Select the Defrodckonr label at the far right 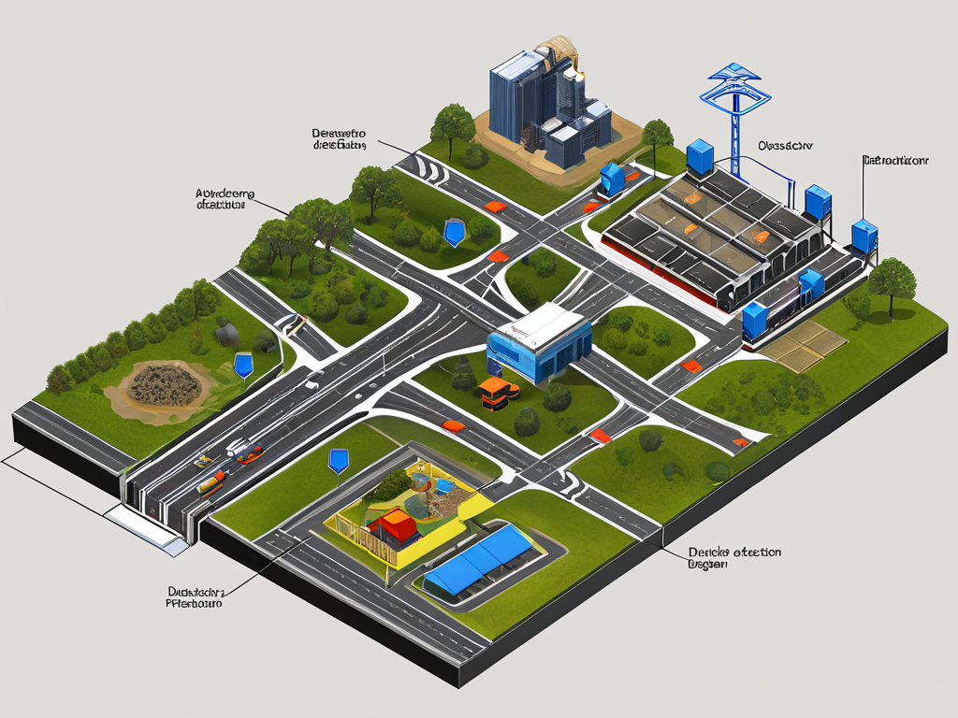click(894, 161)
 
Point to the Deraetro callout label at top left click(340, 139)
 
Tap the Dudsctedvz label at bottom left click(194, 597)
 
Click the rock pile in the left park click(164, 384)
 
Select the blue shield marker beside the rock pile click(243, 364)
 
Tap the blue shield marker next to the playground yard click(339, 460)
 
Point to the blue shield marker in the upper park click(454, 231)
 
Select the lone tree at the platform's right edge click(891, 277)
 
